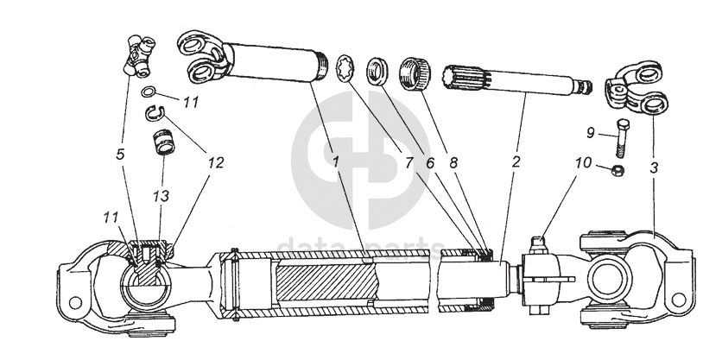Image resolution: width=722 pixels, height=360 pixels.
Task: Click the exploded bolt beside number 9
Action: click(x=622, y=137)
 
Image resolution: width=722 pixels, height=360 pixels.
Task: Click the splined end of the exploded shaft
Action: click(x=465, y=80)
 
